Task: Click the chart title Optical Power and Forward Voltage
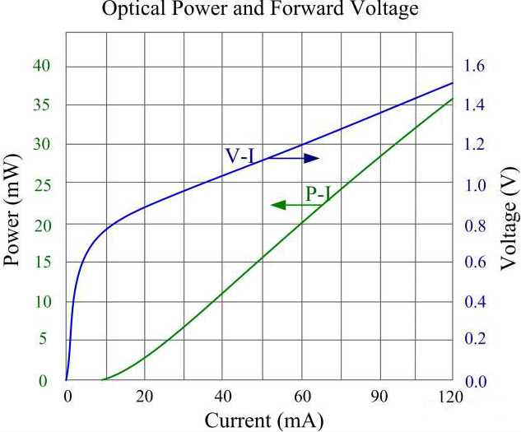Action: (x=260, y=10)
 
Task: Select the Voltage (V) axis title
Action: (x=508, y=222)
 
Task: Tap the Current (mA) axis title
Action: (x=259, y=420)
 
